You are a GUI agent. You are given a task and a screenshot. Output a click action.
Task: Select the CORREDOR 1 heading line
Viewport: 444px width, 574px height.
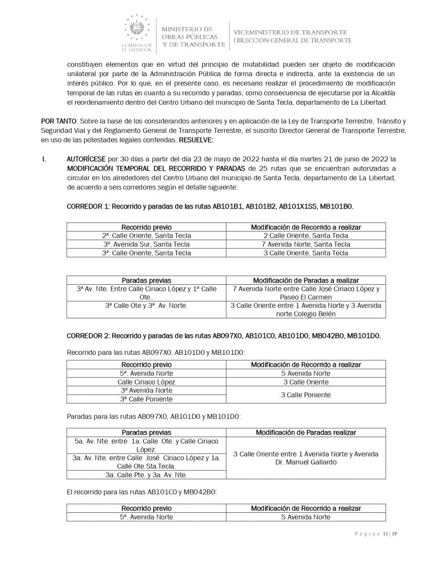pyautogui.click(x=210, y=207)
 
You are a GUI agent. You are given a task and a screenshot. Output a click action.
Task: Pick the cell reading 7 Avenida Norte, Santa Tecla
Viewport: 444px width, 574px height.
pyautogui.click(x=306, y=244)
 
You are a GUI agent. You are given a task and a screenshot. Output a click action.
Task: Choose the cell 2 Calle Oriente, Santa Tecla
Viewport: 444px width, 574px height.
pyautogui.click(x=306, y=236)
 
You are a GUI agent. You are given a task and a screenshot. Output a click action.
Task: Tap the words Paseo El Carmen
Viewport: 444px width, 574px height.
pyautogui.click(x=306, y=297)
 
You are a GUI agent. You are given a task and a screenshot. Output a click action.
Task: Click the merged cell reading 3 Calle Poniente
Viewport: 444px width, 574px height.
pyautogui.click(x=306, y=395)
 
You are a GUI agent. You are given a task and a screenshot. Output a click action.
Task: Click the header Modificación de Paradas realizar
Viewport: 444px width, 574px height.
pyautogui.click(x=306, y=433)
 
